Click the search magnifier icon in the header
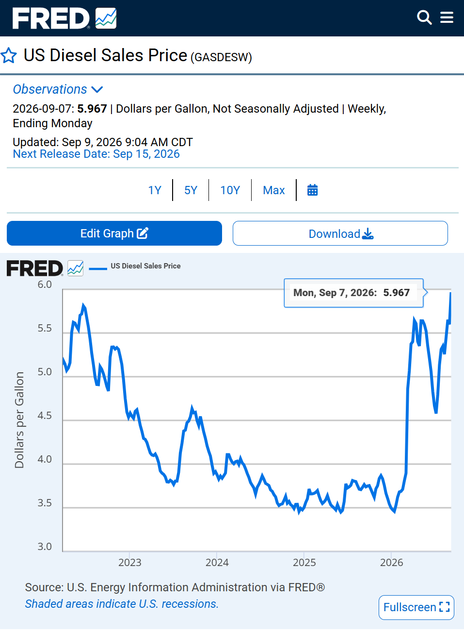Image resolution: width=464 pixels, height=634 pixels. [x=424, y=17]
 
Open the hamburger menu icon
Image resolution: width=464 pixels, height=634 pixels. [x=447, y=17]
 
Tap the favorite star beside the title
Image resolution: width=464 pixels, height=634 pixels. [x=9, y=55]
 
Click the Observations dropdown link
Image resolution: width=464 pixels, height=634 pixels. [x=58, y=89]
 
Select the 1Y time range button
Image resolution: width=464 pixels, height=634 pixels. [x=155, y=190]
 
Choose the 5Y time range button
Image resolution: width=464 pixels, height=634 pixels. [x=191, y=190]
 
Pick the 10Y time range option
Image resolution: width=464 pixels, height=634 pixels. [x=230, y=190]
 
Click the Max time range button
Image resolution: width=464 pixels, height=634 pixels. [x=274, y=190]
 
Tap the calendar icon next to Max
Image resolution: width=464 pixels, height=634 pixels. [x=312, y=190]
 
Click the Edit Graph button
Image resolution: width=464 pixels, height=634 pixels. [x=114, y=233]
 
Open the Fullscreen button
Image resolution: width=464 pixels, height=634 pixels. [x=416, y=607]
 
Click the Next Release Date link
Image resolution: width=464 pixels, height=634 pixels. [x=96, y=154]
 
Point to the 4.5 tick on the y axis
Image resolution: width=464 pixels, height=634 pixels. [x=45, y=416]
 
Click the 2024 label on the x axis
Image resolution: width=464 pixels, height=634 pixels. [x=217, y=562]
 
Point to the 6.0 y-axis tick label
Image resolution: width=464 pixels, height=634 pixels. [x=45, y=284]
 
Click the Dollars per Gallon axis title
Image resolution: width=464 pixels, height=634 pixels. [x=19, y=420]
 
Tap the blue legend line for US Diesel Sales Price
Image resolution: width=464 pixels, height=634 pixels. [x=98, y=268]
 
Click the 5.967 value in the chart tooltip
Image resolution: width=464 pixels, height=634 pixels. [x=397, y=293]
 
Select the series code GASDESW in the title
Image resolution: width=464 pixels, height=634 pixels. [x=221, y=57]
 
